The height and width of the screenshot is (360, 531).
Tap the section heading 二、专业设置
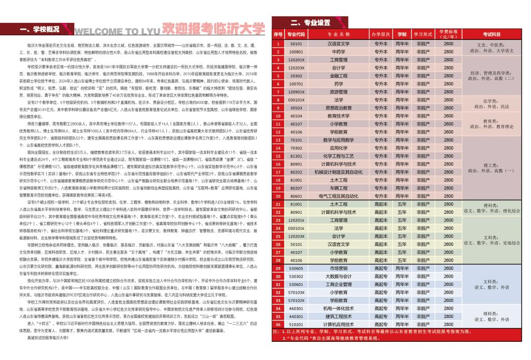[310, 22]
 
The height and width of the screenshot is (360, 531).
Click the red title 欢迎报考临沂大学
[213, 27]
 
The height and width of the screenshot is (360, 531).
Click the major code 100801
[297, 52]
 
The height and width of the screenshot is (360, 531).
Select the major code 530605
[297, 268]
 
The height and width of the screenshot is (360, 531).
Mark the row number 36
[278, 324]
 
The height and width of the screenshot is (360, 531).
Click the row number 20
[278, 196]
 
